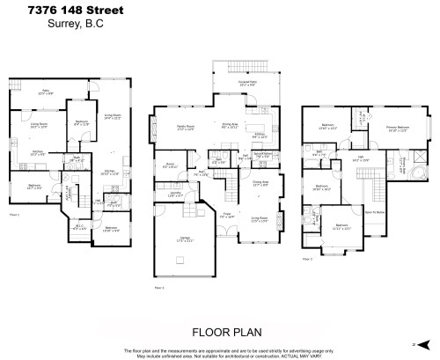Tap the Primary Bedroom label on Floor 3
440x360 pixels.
(397, 128)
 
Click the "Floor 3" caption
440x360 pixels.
(306, 260)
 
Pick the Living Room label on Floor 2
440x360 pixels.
(259, 220)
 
